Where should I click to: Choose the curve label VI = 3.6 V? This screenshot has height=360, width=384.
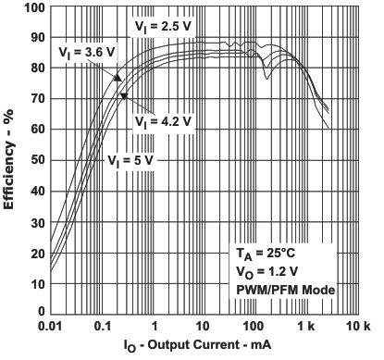pos(87,53)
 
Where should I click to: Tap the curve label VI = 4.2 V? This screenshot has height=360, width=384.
pos(163,121)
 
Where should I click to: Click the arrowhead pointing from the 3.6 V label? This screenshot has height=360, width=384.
pos(118,78)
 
